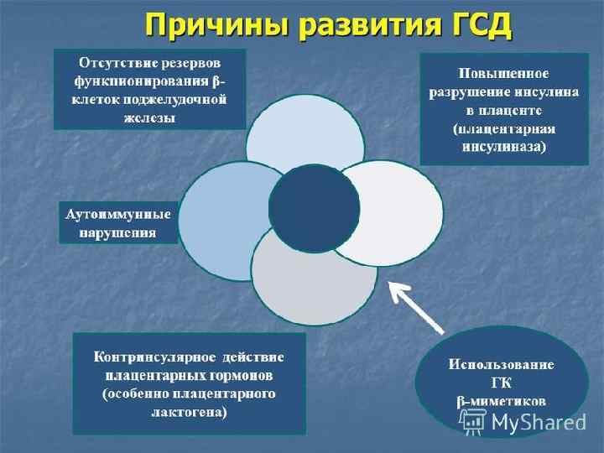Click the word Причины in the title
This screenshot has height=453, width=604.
205,24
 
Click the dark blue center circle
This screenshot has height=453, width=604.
314,209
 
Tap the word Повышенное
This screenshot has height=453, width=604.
504,74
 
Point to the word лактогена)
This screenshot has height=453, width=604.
189,413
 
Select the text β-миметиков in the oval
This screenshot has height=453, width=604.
502,402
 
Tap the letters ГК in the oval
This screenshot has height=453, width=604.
502,383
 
